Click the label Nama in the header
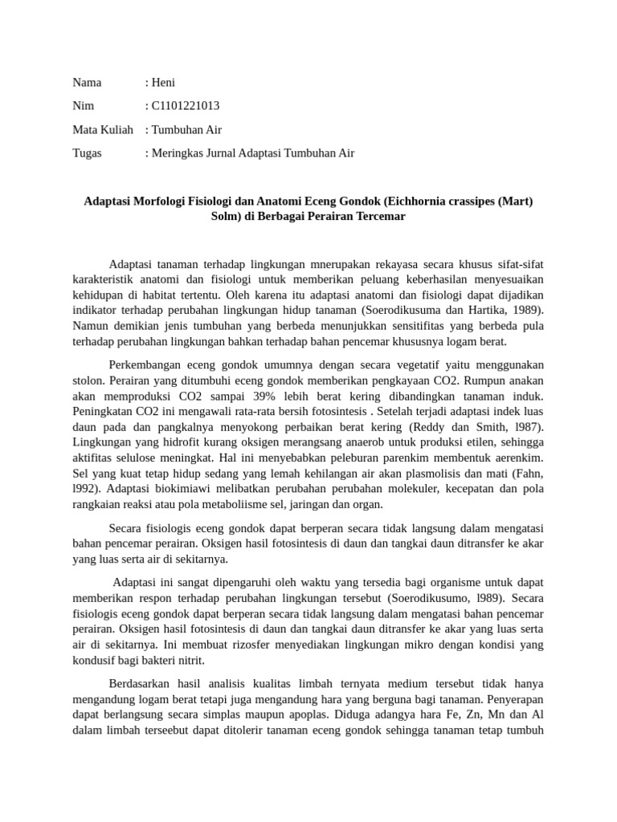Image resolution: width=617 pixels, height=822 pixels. coord(87,82)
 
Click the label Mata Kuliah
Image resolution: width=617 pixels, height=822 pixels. coord(102,129)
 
